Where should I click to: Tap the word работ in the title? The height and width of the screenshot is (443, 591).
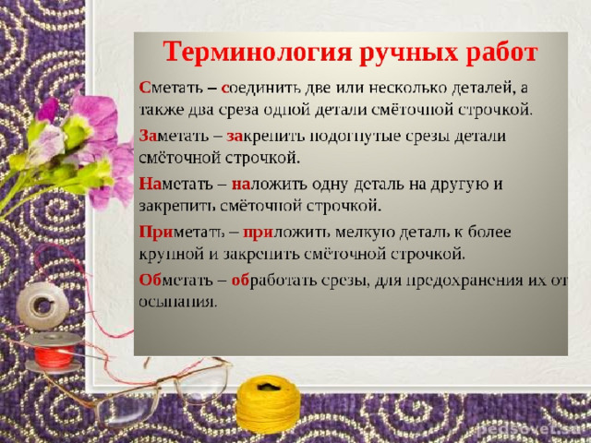point(501,52)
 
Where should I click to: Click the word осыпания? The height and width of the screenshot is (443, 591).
point(178,302)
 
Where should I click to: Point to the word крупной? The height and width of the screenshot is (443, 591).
point(172,255)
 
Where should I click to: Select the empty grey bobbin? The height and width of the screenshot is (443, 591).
point(42,305)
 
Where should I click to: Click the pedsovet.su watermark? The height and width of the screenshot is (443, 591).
point(533,430)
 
